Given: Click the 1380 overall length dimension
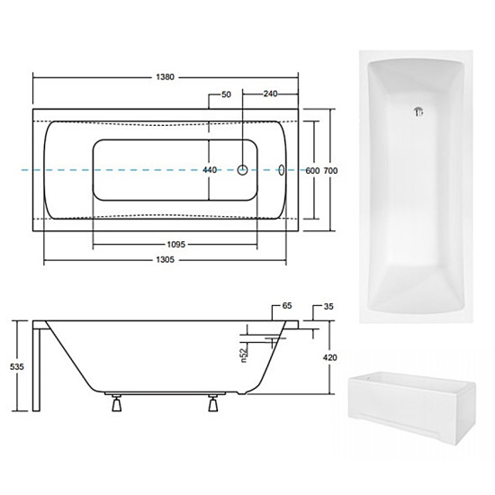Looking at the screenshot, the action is coord(165,77).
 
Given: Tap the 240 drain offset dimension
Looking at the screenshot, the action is coord(271,94).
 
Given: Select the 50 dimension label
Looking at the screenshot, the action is coord(226,94).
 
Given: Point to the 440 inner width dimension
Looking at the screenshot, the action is coord(210,170).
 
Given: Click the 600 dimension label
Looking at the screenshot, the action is coord(312,171).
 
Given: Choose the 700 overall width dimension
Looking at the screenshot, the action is coord(330,171).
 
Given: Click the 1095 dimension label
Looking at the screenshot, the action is coord(175,244).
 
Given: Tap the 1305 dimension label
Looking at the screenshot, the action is coord(165,259).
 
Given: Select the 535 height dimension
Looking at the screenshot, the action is coord(17,367).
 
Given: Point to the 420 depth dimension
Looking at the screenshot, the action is coord(330,357).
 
